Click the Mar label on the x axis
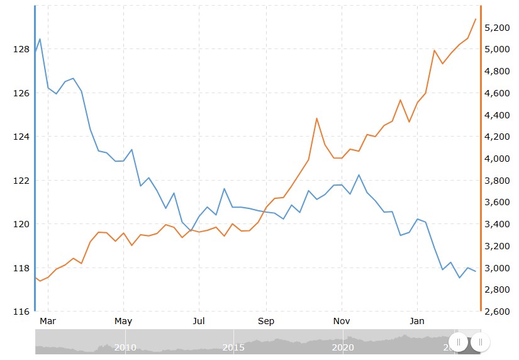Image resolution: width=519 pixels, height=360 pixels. coord(48,321)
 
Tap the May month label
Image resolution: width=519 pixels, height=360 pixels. coord(123,321)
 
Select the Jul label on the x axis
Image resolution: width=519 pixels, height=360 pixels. coord(199,321)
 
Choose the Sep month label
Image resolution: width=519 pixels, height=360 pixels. coord(266,321)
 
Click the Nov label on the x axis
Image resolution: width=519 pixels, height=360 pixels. coord(342,321)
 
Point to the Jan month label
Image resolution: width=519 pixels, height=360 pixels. coord(417,321)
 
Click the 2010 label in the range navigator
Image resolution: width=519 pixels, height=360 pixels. coord(125,347)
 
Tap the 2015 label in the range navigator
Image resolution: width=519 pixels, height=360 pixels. coord(233,347)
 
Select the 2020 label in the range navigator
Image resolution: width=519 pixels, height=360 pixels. coord(342,347)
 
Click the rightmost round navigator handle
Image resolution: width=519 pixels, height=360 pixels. coord(480,342)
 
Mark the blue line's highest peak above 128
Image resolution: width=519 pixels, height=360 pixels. coord(40,39)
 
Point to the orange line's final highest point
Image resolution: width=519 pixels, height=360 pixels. coord(475,19)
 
